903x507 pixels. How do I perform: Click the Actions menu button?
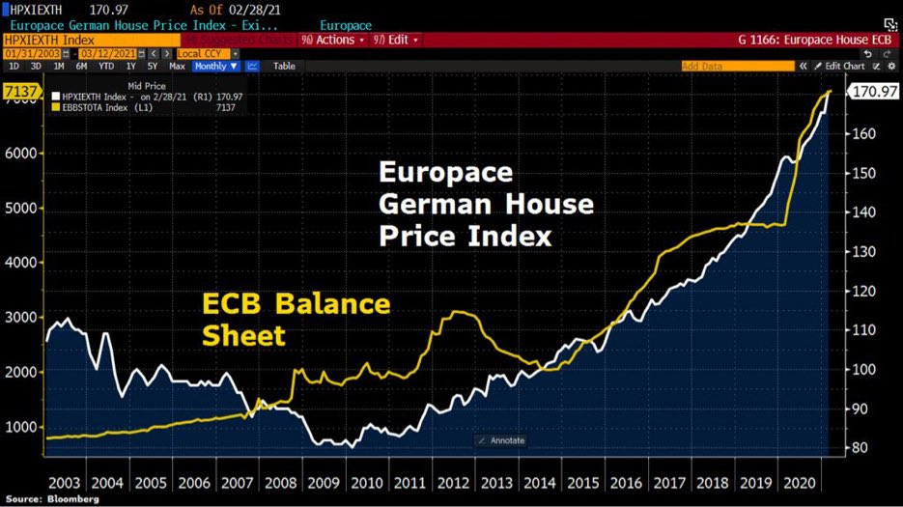(333, 41)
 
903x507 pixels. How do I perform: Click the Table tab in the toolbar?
(284, 66)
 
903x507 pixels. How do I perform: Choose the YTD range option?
(105, 66)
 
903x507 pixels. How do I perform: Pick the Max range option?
(177, 66)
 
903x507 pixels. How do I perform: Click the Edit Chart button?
(844, 66)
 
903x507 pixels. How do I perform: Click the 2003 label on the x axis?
(65, 482)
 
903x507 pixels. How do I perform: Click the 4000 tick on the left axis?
(23, 263)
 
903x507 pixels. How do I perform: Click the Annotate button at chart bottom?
(501, 440)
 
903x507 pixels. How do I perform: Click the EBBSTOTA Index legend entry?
(100, 107)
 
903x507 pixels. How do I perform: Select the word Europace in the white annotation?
(445, 174)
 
